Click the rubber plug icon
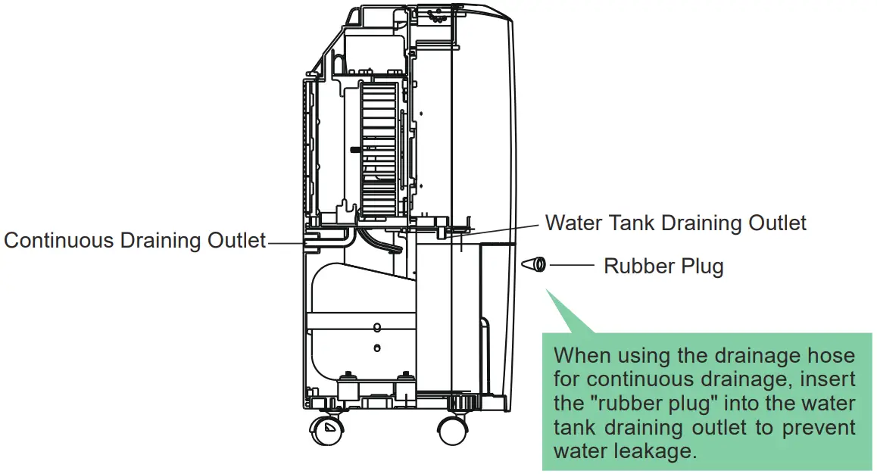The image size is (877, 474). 534,264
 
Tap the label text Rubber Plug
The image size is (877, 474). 663,267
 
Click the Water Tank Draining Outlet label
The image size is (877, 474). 676,223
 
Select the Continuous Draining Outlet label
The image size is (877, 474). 135,241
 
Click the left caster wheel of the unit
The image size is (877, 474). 326,432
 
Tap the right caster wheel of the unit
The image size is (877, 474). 451,431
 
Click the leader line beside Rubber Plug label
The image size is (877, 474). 573,265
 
